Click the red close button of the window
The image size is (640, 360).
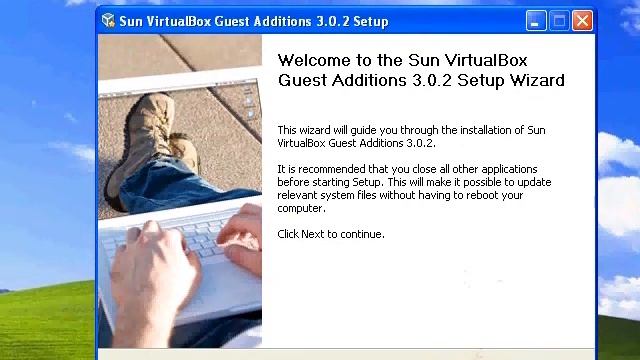click(582, 20)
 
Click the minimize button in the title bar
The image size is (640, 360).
click(536, 20)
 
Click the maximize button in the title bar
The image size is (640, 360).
click(559, 20)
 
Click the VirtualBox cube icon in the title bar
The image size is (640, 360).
click(109, 21)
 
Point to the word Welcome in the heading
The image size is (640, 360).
click(313, 60)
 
